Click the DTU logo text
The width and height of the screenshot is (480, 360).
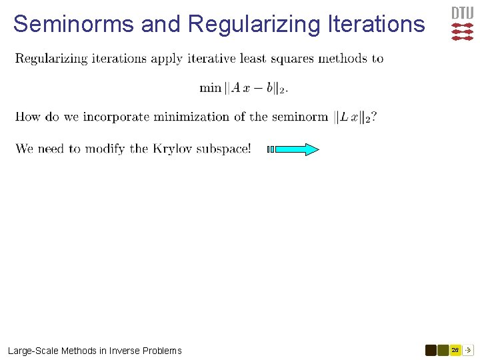[462, 13]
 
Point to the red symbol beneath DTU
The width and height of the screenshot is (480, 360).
[462, 32]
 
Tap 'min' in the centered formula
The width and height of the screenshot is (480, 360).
[210, 88]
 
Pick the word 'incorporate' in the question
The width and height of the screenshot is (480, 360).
[114, 117]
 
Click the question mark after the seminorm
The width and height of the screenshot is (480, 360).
[375, 117]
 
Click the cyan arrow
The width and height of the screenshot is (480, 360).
[297, 149]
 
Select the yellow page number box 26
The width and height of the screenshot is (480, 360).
[455, 350]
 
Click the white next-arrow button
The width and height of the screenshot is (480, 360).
[468, 350]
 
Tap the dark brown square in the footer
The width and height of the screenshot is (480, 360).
[431, 350]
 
